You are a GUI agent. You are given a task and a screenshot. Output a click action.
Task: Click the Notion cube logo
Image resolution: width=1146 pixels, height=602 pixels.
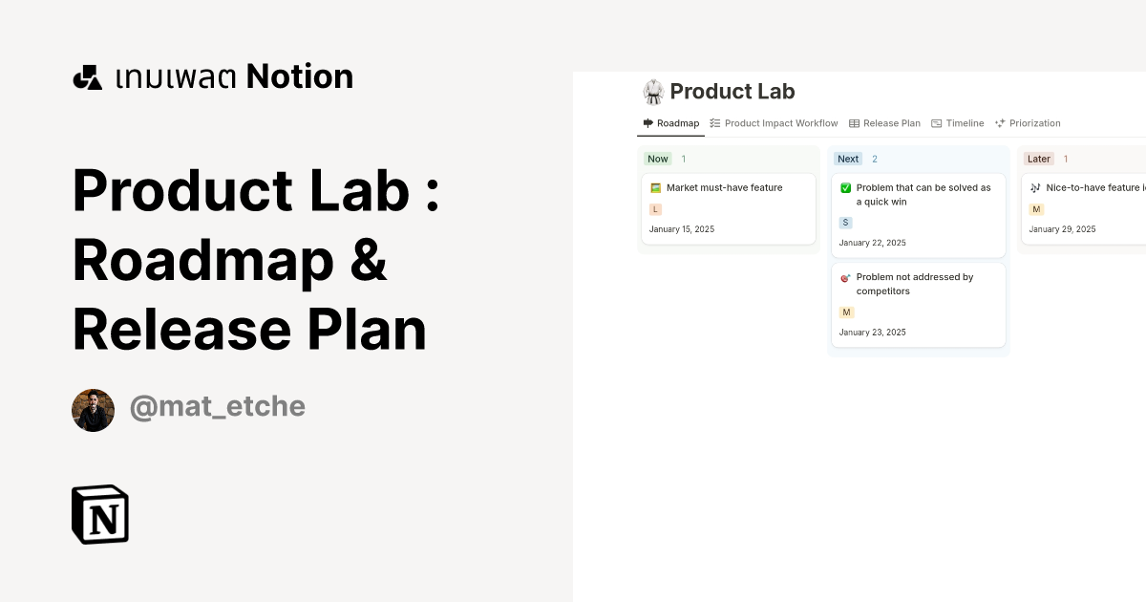(100, 514)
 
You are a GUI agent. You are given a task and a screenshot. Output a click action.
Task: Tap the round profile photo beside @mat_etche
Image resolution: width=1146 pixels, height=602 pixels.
(94, 410)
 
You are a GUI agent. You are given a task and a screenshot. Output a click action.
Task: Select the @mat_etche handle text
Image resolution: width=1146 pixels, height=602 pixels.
(218, 407)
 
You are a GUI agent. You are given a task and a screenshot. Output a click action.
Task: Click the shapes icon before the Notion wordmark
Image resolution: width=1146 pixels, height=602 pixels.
(88, 77)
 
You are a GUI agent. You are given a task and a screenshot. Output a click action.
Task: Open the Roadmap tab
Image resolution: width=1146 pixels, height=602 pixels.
(670, 123)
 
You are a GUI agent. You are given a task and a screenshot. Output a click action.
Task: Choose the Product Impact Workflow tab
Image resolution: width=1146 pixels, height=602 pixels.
(774, 123)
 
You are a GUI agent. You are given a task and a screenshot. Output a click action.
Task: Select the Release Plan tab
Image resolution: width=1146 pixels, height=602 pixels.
(884, 123)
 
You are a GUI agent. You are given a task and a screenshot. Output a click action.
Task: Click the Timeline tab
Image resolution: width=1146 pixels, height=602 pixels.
(957, 123)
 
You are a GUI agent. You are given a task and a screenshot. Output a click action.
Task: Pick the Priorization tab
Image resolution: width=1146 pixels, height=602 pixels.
(1028, 123)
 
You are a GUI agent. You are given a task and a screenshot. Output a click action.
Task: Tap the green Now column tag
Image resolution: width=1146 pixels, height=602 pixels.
(657, 159)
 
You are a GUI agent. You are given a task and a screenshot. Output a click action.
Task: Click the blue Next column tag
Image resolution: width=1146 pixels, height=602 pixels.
(848, 159)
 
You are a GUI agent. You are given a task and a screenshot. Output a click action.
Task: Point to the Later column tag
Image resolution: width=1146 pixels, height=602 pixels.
(1039, 159)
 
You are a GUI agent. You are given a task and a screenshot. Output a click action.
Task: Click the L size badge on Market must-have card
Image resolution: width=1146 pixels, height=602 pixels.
(655, 209)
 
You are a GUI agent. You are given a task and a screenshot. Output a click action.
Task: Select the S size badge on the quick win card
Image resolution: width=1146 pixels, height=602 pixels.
(845, 223)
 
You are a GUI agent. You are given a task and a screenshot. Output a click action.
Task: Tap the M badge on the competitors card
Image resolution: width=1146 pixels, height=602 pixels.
(846, 312)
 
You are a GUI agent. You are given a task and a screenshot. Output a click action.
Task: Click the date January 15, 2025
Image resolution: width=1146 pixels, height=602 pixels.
(682, 229)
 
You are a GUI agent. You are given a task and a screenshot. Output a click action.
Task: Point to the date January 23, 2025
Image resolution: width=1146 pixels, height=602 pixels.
(872, 333)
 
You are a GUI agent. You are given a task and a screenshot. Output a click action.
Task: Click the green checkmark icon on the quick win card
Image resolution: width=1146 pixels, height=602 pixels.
(846, 188)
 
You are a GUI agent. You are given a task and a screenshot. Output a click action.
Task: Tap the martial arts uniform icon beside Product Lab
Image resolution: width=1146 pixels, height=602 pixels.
(653, 92)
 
